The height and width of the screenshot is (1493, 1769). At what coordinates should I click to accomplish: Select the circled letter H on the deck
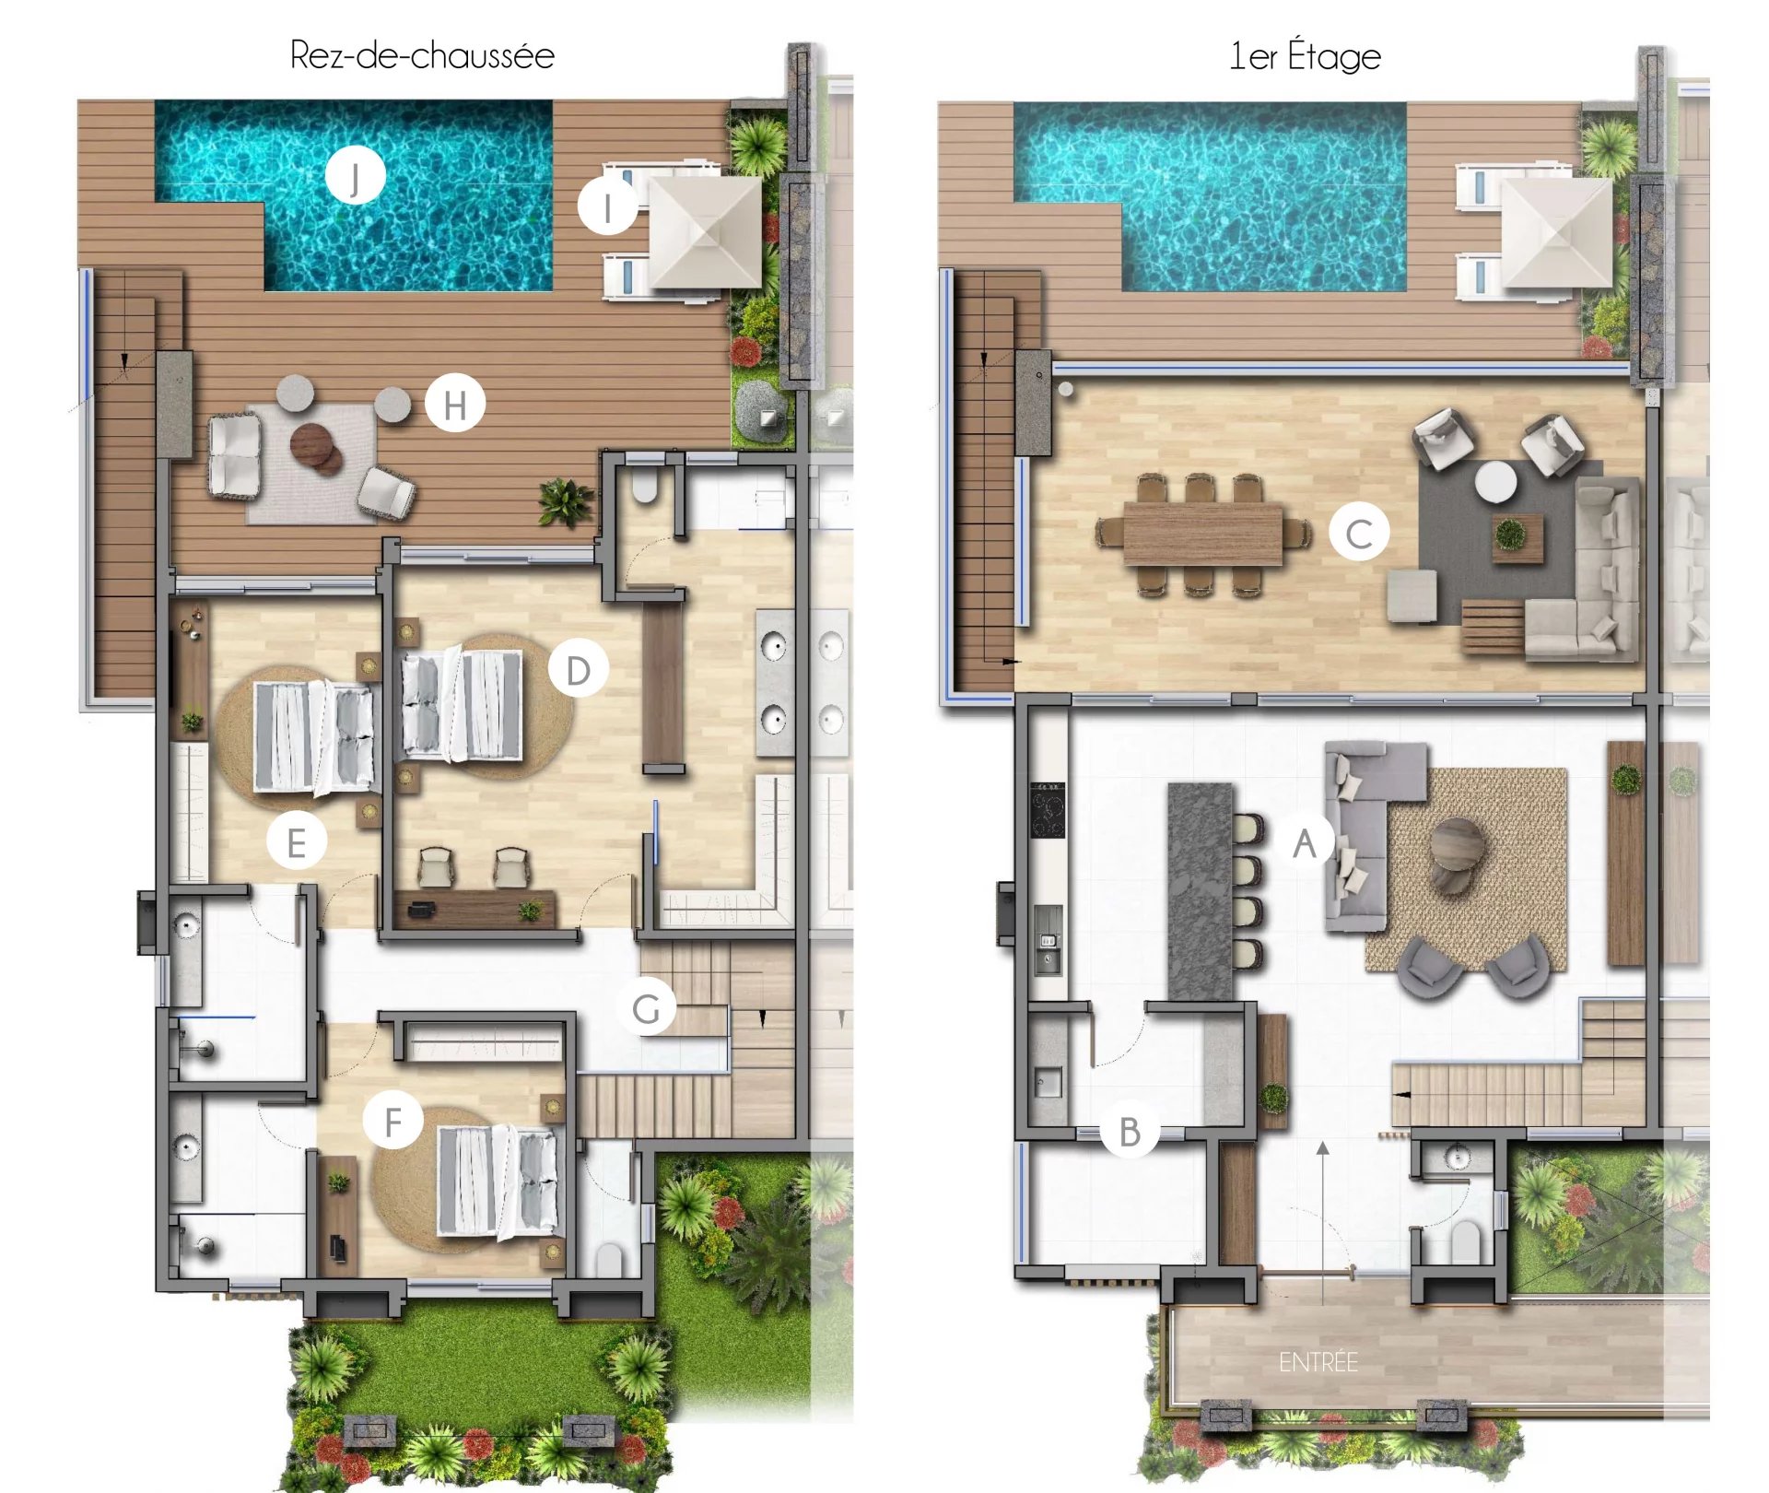pos(454,404)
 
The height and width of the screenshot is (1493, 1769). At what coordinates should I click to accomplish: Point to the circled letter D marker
pos(578,670)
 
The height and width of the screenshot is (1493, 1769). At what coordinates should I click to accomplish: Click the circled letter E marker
pos(296,841)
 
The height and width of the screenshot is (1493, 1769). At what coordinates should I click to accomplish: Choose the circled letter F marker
pos(392,1121)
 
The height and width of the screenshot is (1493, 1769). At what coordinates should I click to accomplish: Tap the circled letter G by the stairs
pos(647,1007)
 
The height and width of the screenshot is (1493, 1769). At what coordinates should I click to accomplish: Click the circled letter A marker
pos(1305,842)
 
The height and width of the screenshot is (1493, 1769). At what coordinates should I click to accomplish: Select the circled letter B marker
pos(1131,1131)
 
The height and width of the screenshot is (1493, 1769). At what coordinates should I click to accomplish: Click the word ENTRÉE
pos(1318,1362)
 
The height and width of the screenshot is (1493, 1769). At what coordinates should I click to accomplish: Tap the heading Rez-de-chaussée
pos(422,55)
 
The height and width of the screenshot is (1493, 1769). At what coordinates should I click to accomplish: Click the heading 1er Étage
pos(1306,55)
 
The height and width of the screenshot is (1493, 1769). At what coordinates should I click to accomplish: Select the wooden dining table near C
pos(1202,535)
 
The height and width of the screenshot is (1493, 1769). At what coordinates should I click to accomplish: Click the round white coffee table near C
pos(1495,482)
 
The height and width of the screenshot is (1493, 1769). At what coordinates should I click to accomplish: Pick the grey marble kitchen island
pos(1201,892)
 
